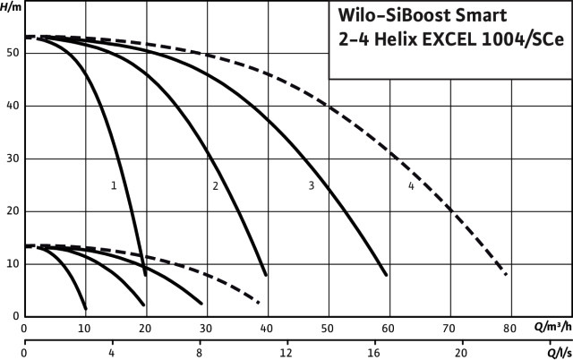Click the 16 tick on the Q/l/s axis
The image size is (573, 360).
pos(374,354)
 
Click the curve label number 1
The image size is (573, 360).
pos(114,185)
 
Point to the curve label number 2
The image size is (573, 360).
pos(216,185)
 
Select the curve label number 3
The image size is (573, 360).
pos(311,185)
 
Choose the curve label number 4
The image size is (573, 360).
pos(411,185)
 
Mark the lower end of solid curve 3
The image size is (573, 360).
pos(386,274)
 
